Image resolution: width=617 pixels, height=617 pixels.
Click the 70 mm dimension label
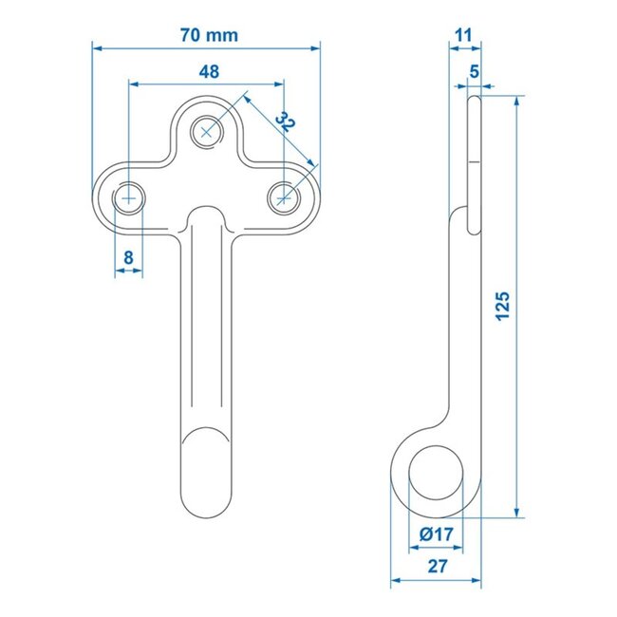tap(209, 35)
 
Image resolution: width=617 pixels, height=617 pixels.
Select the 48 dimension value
tap(210, 72)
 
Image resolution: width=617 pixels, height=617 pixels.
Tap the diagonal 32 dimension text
tap(284, 123)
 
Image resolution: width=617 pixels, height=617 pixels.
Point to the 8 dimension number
tap(127, 256)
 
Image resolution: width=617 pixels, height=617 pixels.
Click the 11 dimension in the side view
tap(463, 35)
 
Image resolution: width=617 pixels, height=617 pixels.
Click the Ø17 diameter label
tap(435, 534)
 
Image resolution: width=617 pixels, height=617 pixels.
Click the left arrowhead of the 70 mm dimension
tap(97, 46)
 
